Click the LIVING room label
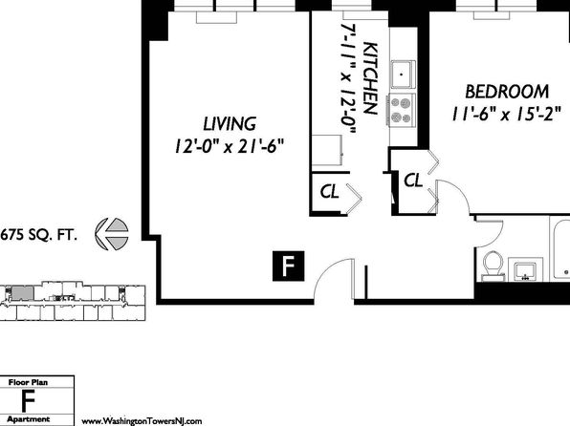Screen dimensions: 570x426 (x=230, y=124)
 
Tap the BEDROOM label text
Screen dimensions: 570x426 (x=507, y=92)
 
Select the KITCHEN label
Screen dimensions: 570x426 (x=371, y=78)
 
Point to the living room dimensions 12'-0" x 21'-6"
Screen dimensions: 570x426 (x=229, y=146)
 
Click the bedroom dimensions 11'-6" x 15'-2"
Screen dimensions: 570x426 (x=507, y=115)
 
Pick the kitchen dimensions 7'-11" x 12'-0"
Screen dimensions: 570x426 (x=347, y=79)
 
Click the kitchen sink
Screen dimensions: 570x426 (x=403, y=75)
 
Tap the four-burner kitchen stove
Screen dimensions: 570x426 (x=402, y=110)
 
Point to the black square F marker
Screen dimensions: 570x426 (x=288, y=266)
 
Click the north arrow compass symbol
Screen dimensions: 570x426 (x=112, y=234)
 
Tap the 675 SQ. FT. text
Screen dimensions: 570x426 (x=38, y=235)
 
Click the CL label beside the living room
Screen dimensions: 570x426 (x=330, y=191)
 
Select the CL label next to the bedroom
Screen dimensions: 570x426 (x=413, y=180)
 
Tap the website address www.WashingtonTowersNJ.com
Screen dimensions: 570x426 (x=142, y=421)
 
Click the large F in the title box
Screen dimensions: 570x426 (x=28, y=401)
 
